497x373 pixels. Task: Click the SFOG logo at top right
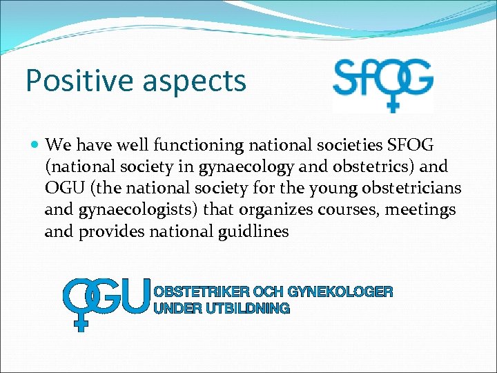pos(382,84)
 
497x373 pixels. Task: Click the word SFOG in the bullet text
pos(411,145)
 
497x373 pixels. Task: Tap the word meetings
pos(427,209)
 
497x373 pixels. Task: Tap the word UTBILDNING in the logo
pos(247,309)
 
